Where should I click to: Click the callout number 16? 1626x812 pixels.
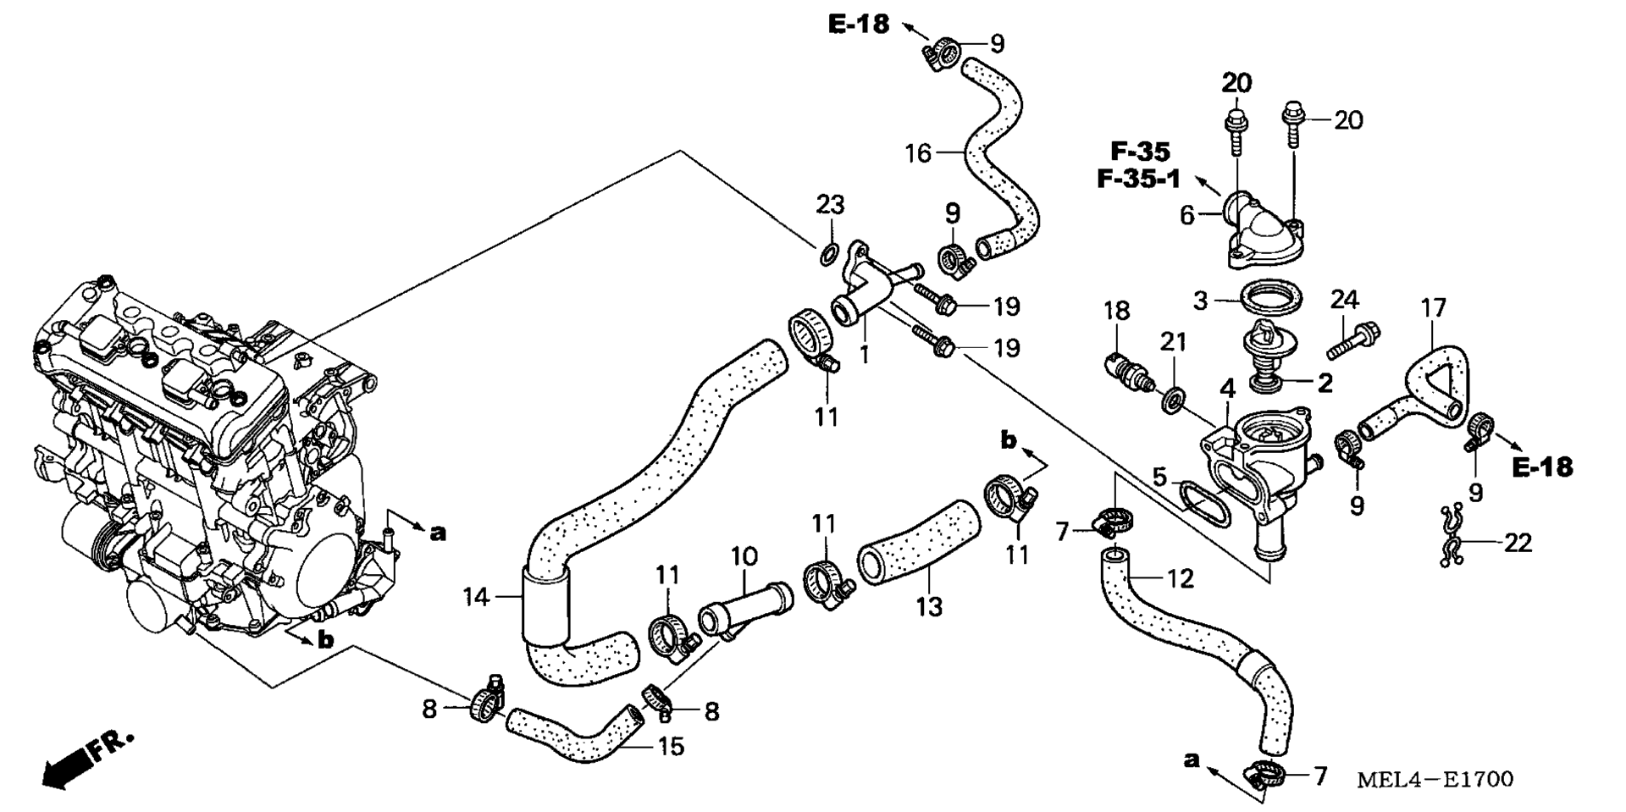[918, 153]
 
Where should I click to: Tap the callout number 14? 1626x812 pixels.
[476, 598]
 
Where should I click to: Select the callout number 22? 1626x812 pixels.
[1518, 543]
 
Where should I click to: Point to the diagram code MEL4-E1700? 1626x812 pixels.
[1435, 779]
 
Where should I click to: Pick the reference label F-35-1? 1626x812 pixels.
[1138, 180]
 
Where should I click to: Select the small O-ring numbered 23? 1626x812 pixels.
[829, 251]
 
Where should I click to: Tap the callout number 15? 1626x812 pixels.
[671, 747]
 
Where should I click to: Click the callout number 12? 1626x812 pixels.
[1181, 579]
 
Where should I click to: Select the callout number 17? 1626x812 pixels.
[1433, 307]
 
